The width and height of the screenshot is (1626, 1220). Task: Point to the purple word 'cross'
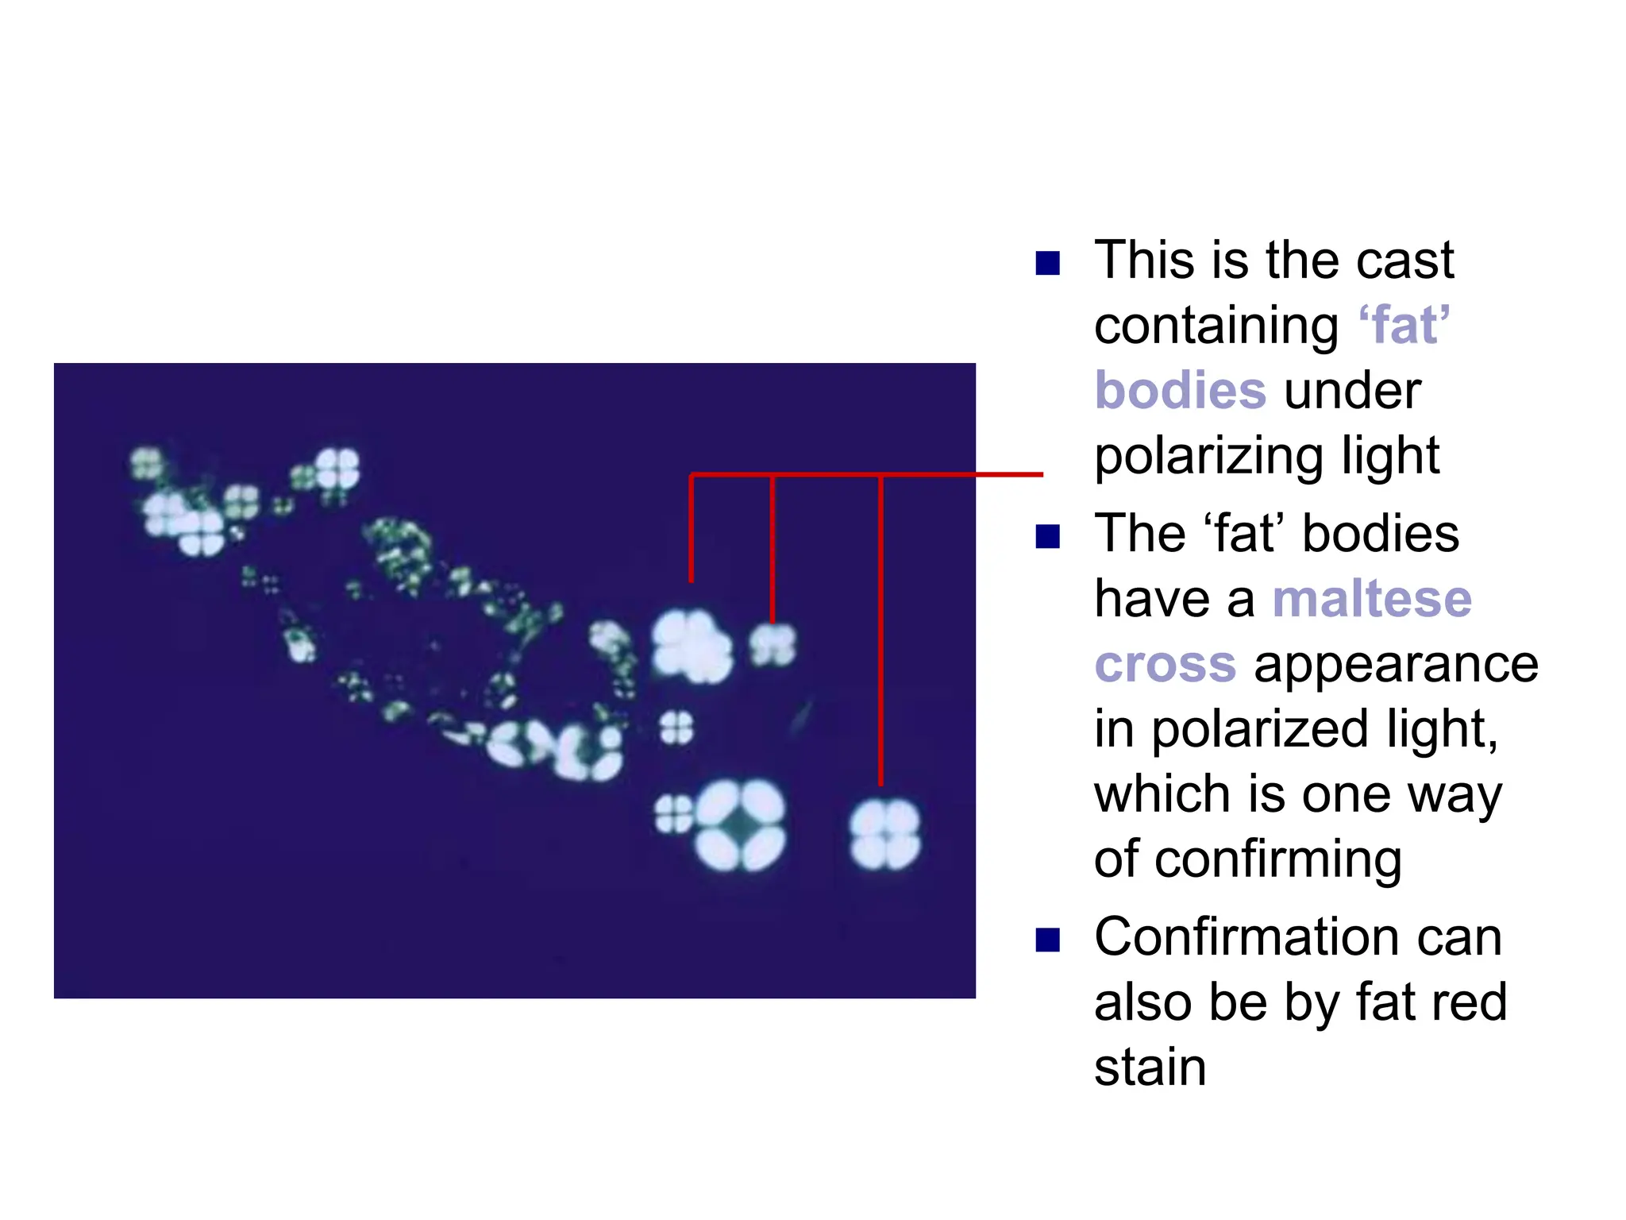coord(1165,664)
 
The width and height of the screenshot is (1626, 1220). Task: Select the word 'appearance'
coord(1396,664)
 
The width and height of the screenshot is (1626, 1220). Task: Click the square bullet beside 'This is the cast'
coord(1048,264)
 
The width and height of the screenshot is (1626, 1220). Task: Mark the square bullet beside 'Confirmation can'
coord(1048,940)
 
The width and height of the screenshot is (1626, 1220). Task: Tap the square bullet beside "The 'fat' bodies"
coord(1048,537)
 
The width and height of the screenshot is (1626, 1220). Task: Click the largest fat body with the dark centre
coord(740,826)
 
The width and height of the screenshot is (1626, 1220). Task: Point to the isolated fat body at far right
coord(884,835)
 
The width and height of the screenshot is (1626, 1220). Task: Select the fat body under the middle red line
coord(773,644)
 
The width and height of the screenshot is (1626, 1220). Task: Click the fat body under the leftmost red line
coord(692,647)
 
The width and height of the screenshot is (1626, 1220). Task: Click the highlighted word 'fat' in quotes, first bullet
coord(1404,326)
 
